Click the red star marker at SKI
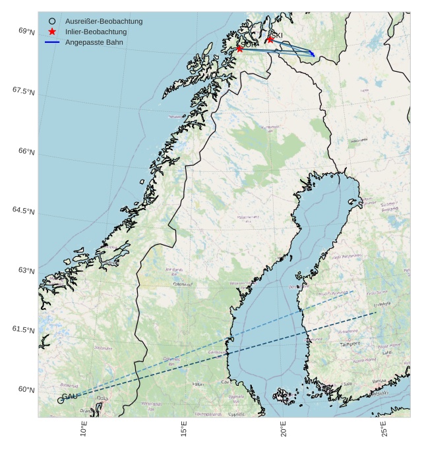(270, 40)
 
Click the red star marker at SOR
(239, 49)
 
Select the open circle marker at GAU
(61, 400)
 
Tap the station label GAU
(70, 395)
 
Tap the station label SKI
(277, 35)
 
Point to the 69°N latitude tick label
(26, 32)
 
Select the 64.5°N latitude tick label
(23, 211)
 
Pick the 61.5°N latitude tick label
(23, 330)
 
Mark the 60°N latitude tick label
(26, 390)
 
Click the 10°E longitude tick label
(84, 430)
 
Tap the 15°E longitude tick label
(184, 430)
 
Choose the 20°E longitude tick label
(284, 430)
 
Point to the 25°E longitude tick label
(384, 430)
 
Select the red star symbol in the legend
(52, 32)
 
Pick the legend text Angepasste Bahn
(94, 42)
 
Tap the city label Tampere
(350, 344)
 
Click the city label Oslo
(102, 398)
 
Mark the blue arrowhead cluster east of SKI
(312, 53)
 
